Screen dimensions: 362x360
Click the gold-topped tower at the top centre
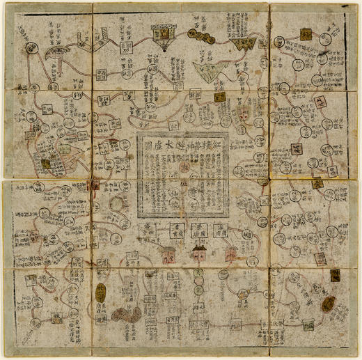164,33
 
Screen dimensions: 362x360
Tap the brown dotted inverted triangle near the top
245,46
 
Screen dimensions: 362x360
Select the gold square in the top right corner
304,34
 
